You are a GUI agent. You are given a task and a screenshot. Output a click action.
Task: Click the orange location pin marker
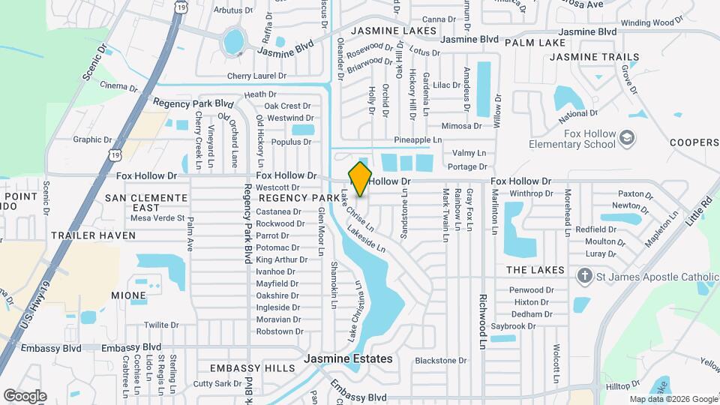coord(360,178)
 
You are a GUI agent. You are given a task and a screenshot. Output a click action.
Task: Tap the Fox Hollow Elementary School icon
coord(627,139)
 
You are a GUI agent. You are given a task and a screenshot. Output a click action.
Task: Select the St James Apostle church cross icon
coord(584,276)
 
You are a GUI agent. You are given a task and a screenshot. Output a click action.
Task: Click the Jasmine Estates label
coord(348,359)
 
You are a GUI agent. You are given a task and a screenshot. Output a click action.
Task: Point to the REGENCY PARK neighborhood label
coord(299,198)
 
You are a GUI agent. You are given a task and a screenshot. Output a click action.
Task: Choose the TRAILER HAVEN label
coord(94,235)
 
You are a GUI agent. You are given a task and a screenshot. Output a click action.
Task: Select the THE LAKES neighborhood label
coord(535,270)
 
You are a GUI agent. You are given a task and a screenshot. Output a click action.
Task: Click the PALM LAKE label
coord(535,43)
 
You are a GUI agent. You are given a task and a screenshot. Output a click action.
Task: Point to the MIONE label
coord(128,295)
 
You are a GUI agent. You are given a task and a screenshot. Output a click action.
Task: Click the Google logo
coord(25,396)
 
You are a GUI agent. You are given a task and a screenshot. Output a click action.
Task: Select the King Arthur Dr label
coord(282,259)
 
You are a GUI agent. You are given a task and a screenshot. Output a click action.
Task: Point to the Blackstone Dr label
coord(441,361)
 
